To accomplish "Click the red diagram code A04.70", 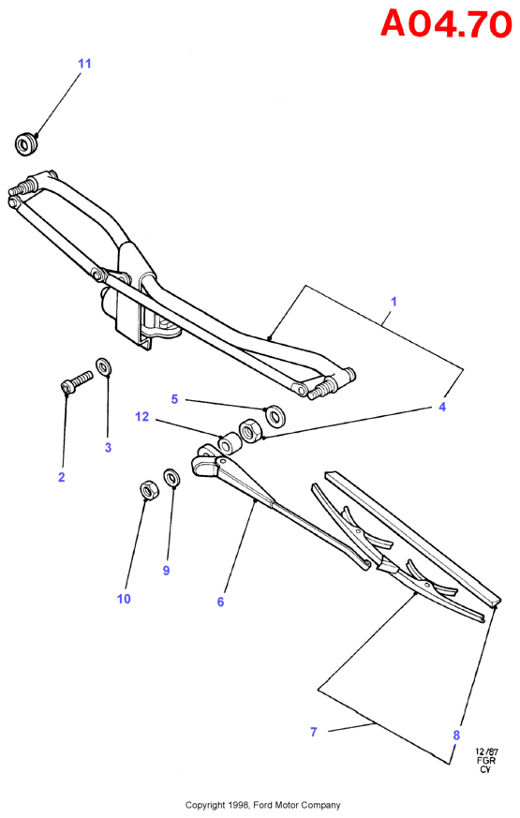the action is [x=446, y=24].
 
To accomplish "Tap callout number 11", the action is [x=84, y=64].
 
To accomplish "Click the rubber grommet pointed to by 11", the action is [x=25, y=144].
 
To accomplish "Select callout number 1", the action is [x=394, y=302].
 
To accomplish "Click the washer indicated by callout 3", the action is [x=103, y=365].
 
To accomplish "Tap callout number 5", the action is [x=174, y=399].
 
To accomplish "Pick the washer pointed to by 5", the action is [x=274, y=415].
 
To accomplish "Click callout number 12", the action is [x=141, y=417].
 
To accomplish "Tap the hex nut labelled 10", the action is [x=148, y=491].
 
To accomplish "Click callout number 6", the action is [x=220, y=602].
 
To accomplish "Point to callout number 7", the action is [x=314, y=732].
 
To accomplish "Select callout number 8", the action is [x=456, y=736].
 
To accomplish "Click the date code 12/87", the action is [x=486, y=751].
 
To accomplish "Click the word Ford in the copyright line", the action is [x=262, y=806].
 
